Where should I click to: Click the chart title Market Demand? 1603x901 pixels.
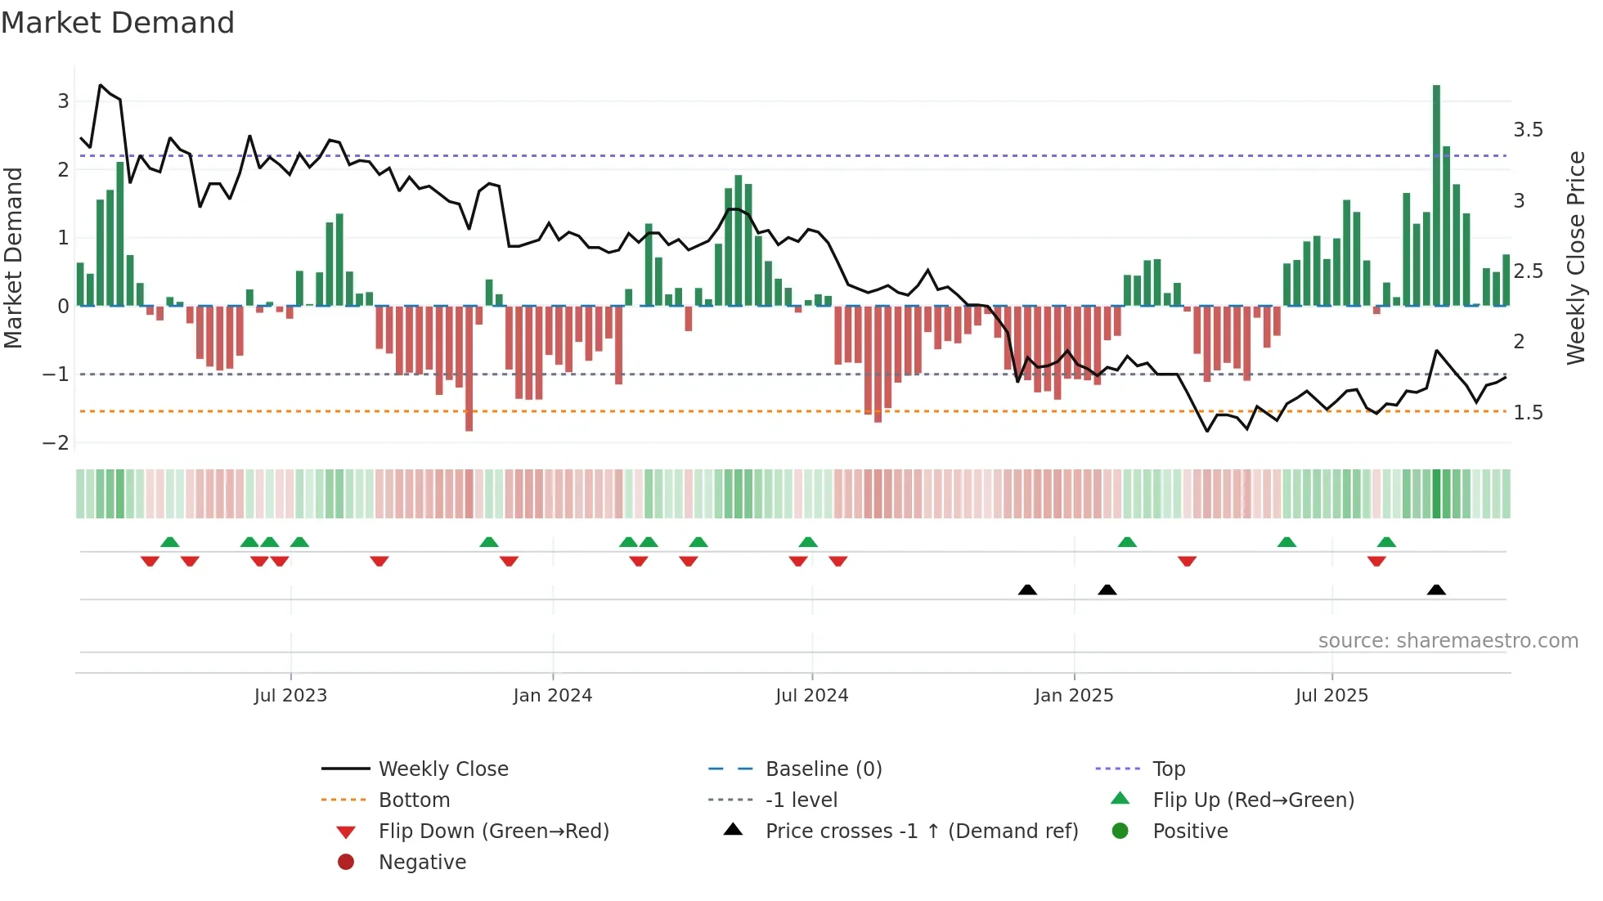point(118,23)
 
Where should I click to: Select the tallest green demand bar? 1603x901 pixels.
point(1436,196)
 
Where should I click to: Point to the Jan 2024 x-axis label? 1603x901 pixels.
point(552,696)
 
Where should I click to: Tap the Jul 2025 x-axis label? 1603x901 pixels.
point(1331,696)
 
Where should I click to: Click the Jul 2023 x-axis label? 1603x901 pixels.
point(290,696)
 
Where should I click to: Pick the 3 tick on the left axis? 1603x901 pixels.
point(63,101)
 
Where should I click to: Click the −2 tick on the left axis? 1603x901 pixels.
point(56,442)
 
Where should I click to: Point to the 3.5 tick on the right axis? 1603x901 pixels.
point(1528,130)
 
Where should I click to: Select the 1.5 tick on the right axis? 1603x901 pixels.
point(1528,413)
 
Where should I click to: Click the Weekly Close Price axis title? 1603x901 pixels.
point(1576,258)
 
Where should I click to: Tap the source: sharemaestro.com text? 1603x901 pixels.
point(1448,641)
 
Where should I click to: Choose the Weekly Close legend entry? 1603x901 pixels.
point(442,769)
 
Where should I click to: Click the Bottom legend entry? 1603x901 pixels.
point(414,800)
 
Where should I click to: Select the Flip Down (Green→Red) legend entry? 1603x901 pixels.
point(493,832)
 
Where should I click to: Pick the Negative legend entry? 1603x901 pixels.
point(422,863)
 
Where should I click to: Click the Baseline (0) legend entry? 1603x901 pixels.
point(823,769)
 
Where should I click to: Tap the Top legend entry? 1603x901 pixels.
point(1168,769)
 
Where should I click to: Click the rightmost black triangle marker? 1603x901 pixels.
point(1436,590)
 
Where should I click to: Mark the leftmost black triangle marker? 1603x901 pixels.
point(1027,590)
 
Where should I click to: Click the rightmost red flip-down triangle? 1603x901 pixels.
point(1376,561)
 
